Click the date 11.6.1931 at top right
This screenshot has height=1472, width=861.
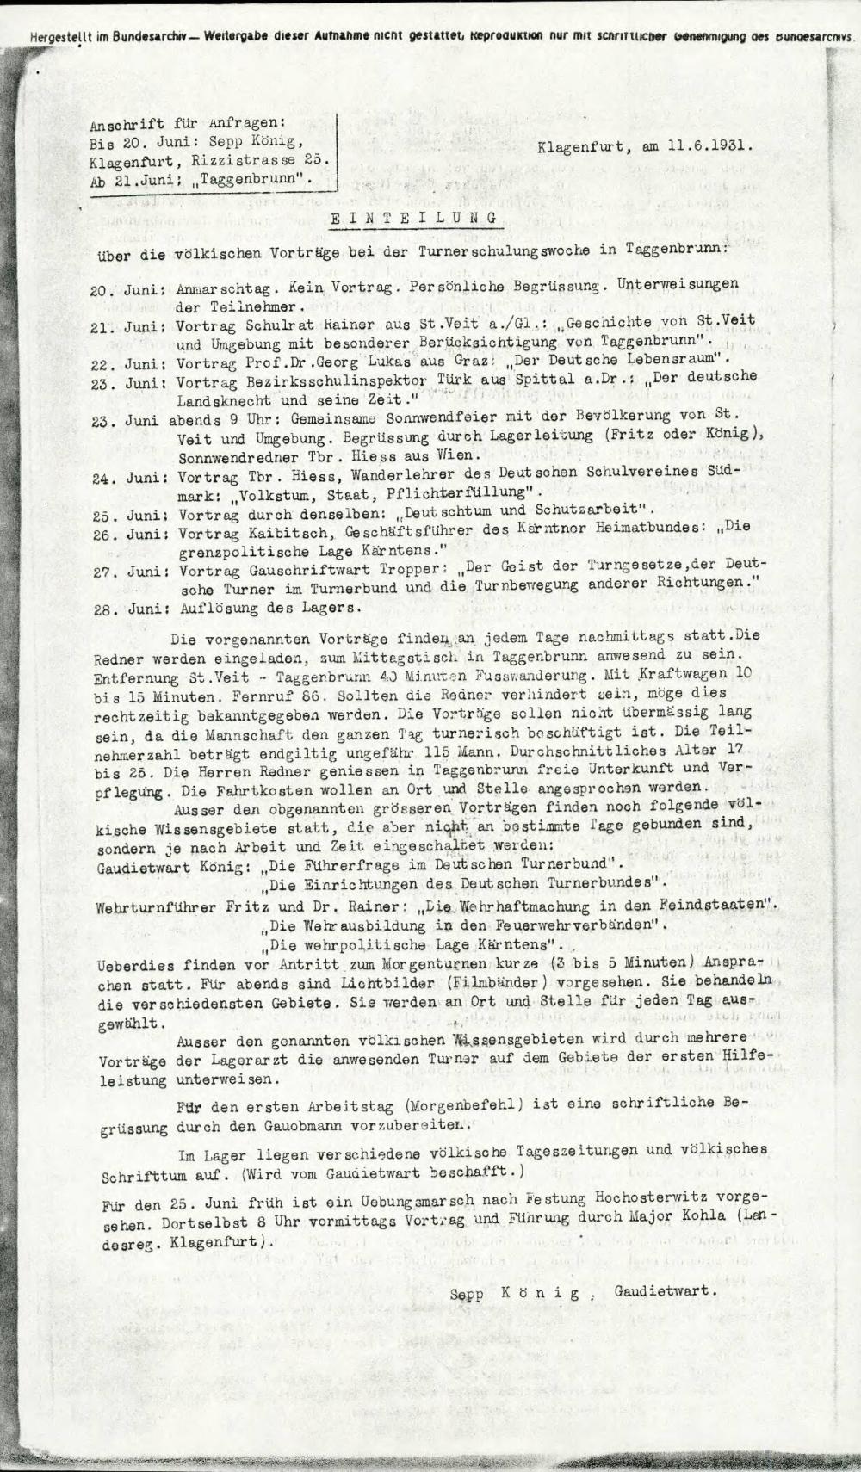point(709,146)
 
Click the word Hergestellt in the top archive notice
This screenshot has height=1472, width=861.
point(59,37)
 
